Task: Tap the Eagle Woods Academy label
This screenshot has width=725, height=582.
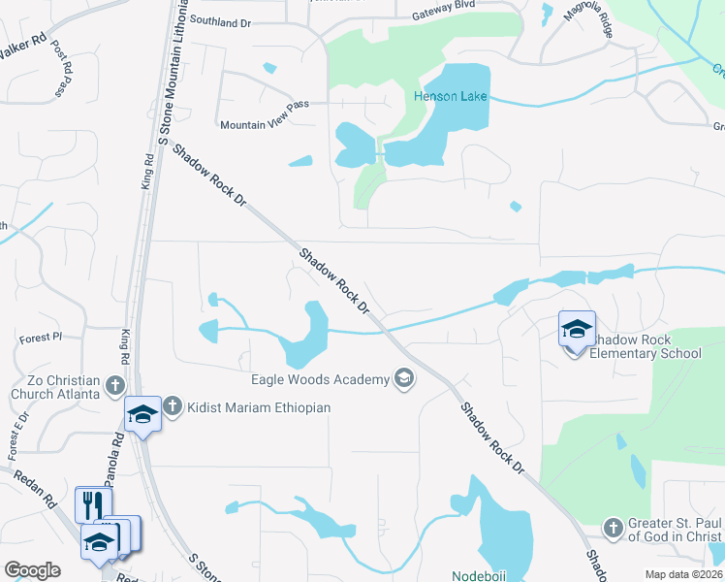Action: [319, 379]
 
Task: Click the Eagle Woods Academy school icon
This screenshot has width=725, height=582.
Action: [404, 379]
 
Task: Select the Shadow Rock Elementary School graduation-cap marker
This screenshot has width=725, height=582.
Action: [577, 329]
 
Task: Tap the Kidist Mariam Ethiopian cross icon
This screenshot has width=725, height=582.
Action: [172, 406]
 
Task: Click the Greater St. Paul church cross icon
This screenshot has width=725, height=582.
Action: [612, 529]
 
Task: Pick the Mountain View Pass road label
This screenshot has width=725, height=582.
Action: [264, 125]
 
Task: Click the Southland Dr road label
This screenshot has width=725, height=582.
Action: [220, 19]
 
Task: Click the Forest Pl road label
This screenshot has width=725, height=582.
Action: [40, 338]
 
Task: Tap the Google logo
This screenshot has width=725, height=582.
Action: [32, 570]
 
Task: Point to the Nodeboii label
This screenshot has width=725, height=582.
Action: [485, 574]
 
